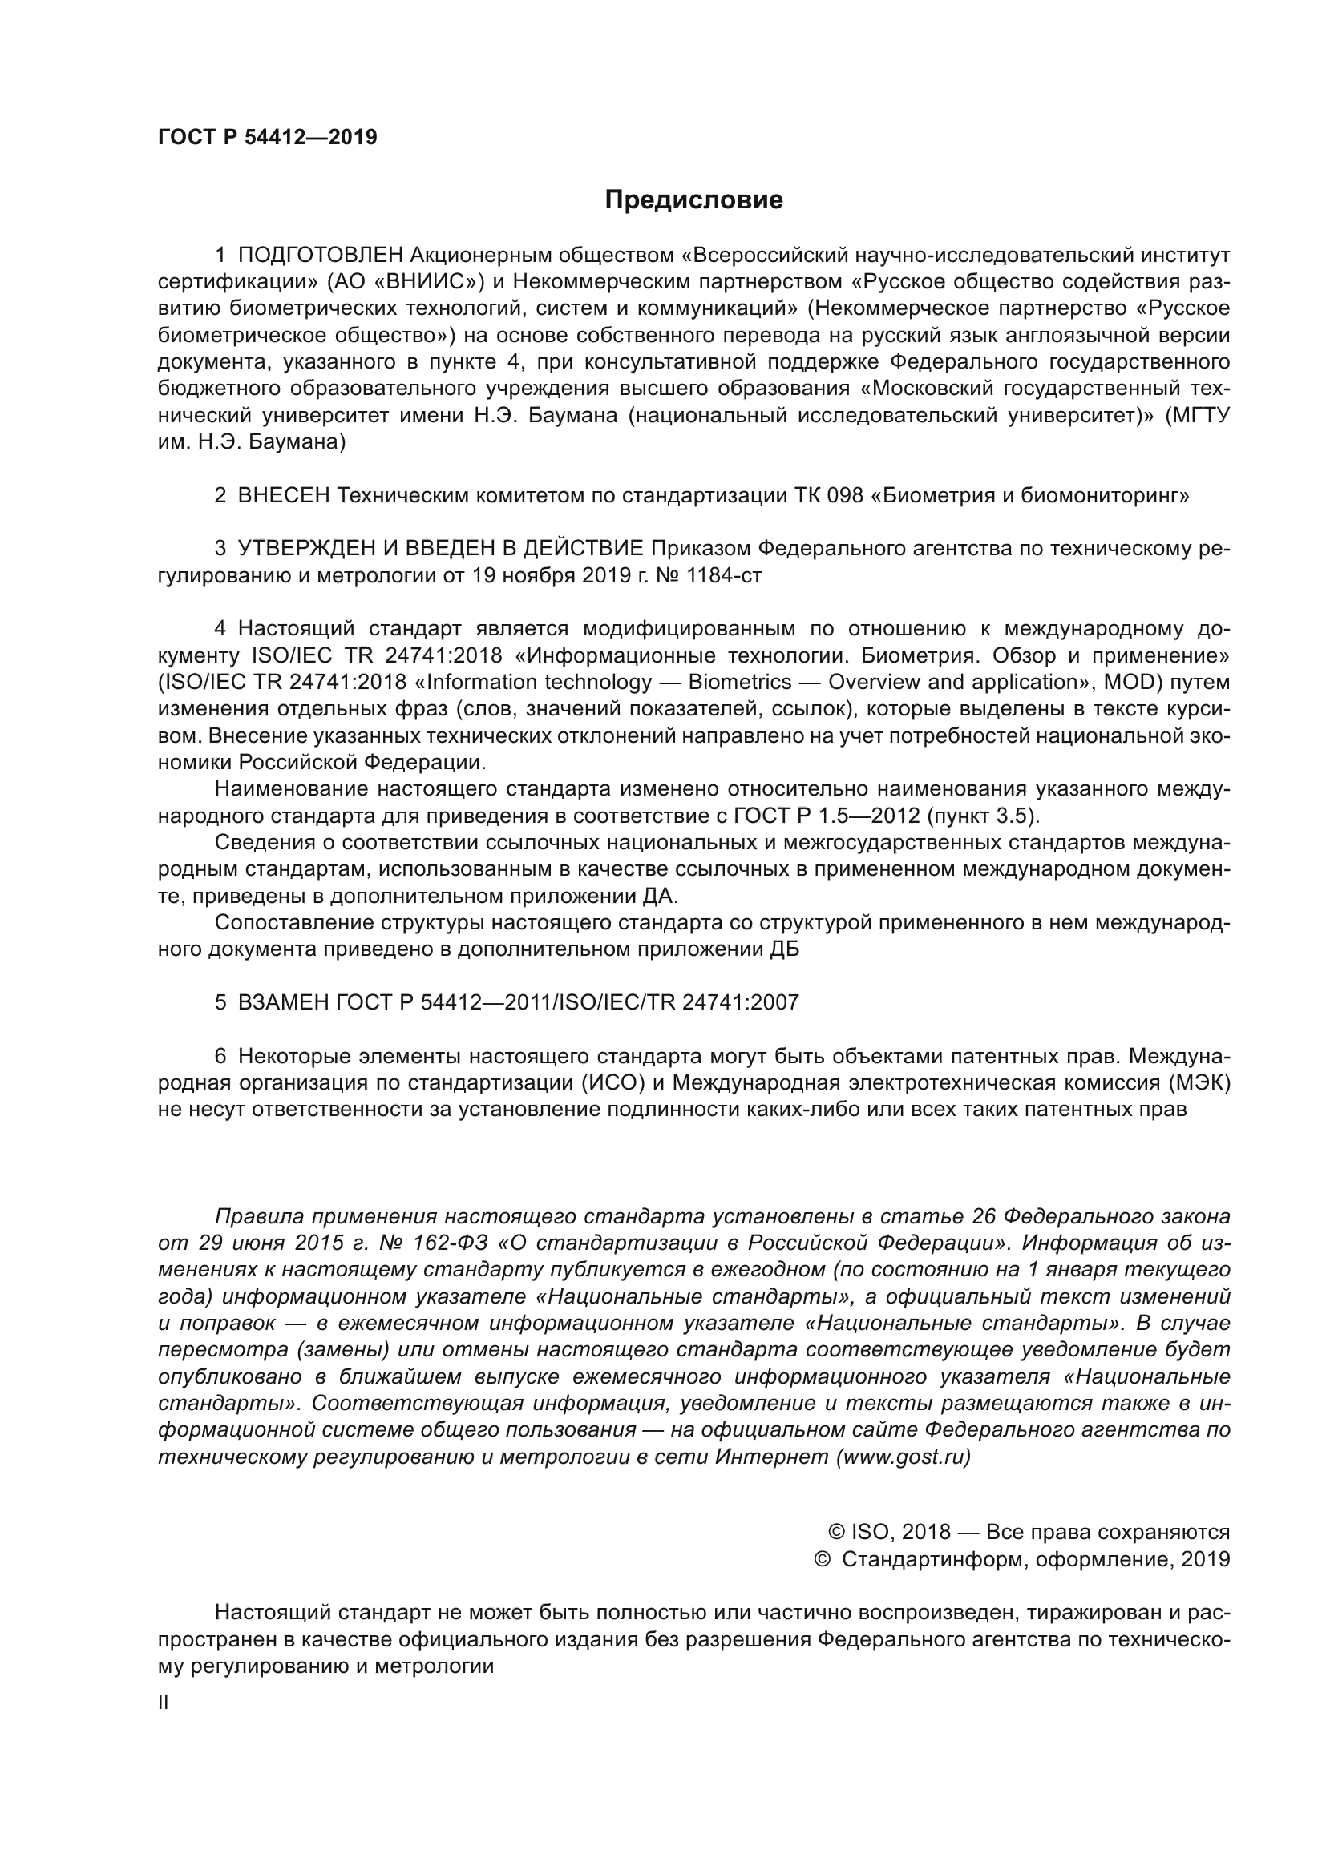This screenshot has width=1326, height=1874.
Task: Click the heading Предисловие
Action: (693, 200)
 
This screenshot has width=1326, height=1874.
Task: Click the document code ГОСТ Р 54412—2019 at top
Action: (267, 137)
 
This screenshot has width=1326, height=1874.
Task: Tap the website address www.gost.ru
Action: (904, 1457)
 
